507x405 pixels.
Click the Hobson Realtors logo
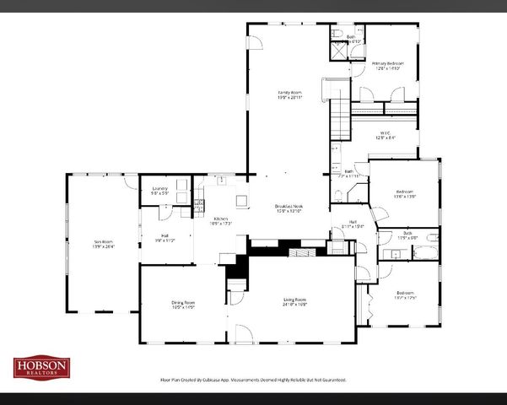[41, 367]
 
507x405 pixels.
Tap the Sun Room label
[103, 245]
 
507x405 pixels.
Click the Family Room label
[290, 94]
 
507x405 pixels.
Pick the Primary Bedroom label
[388, 65]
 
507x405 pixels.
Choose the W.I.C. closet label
[384, 134]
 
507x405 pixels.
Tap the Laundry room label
[159, 191]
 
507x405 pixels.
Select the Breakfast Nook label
[289, 208]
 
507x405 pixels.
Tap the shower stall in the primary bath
[338, 50]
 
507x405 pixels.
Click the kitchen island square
[241, 201]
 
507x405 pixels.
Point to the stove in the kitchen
[199, 204]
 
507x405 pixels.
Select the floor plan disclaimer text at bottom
[253, 381]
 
